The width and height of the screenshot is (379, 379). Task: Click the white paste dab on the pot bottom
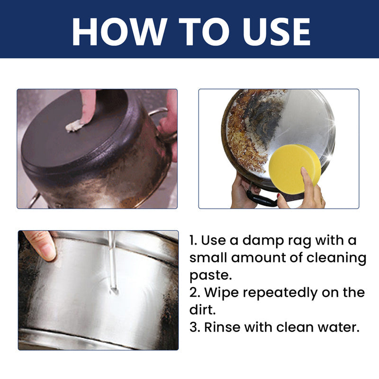coord(74,126)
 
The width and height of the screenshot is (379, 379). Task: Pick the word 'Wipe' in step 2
coord(220,293)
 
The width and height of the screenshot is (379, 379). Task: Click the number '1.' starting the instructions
coord(193,241)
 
